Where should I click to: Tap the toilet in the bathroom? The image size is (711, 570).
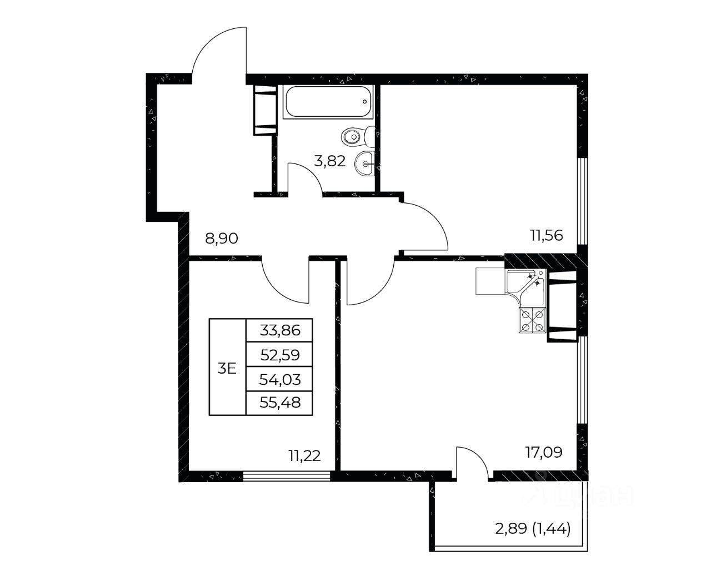[358, 137]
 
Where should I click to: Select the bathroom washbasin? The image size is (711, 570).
[365, 163]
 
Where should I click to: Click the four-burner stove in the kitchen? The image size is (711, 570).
[532, 320]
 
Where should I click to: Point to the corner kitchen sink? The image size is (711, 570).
[525, 287]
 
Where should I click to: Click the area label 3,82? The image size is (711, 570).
[329, 161]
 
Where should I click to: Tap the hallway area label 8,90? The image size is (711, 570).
[222, 238]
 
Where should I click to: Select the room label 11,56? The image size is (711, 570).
[547, 236]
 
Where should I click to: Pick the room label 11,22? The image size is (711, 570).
[304, 456]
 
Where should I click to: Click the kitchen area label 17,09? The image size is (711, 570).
[544, 452]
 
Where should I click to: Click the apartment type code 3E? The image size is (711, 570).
[227, 368]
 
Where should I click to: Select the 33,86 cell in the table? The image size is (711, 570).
[279, 330]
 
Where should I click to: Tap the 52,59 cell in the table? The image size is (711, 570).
[279, 355]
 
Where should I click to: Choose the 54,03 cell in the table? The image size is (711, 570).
[279, 379]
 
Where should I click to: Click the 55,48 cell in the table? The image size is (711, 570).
[279, 403]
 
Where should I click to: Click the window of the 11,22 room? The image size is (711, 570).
[287, 475]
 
